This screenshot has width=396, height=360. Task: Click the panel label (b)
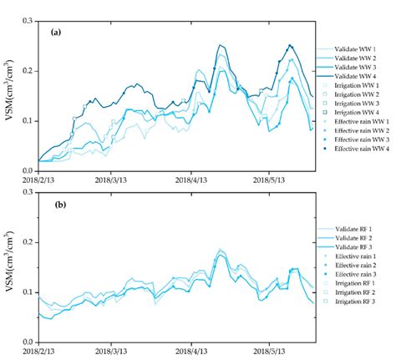click(x=54, y=205)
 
